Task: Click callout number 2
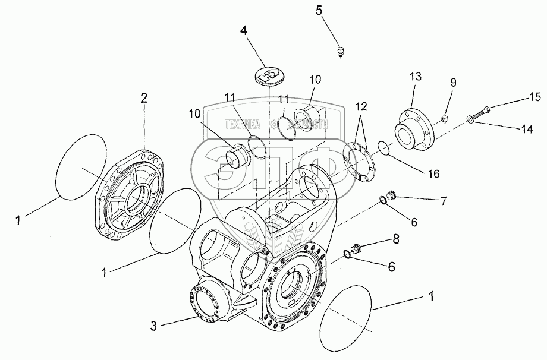144,99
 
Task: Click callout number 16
433,173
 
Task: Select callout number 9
452,83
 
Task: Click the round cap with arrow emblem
269,75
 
